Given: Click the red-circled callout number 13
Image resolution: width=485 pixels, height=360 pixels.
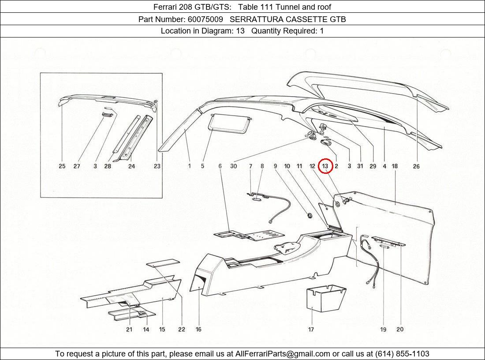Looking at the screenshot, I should [x=325, y=166].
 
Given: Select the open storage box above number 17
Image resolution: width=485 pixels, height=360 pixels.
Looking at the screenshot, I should [x=326, y=300].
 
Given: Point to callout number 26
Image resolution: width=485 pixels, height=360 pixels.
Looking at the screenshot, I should [x=416, y=166].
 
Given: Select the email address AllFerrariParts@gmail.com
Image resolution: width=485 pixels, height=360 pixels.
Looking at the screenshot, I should [x=283, y=354].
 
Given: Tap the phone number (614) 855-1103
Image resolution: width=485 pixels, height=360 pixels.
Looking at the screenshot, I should [x=402, y=354].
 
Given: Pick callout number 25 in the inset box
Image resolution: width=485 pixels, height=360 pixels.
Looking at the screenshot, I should [x=62, y=166].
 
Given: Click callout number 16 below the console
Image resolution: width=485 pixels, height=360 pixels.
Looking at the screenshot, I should [x=198, y=329].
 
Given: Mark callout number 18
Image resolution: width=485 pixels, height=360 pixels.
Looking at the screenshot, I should [x=395, y=166].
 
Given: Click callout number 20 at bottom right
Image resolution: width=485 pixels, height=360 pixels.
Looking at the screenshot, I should [x=400, y=329].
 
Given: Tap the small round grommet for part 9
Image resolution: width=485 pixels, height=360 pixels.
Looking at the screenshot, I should [x=309, y=215].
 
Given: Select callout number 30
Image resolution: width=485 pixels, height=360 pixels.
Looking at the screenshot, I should [x=233, y=166].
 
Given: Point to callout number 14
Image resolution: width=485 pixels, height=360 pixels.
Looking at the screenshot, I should [x=145, y=329].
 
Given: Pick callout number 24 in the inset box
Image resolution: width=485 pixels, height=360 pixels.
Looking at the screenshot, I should [x=131, y=166].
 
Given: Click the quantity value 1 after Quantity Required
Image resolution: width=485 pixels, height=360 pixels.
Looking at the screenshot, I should [x=322, y=31].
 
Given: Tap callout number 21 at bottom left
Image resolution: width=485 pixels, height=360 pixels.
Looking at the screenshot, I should [x=129, y=329].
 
